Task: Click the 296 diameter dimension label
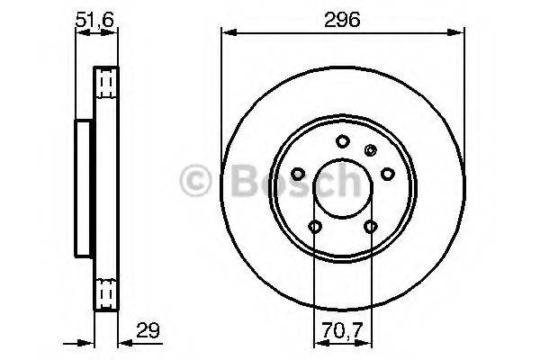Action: (x=342, y=19)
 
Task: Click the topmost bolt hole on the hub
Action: (x=342, y=140)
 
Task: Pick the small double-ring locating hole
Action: (x=368, y=149)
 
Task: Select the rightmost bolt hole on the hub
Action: (x=388, y=173)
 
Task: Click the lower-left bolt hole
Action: (x=313, y=227)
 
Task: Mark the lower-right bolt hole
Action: (x=370, y=227)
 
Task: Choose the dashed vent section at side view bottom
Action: (x=107, y=289)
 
